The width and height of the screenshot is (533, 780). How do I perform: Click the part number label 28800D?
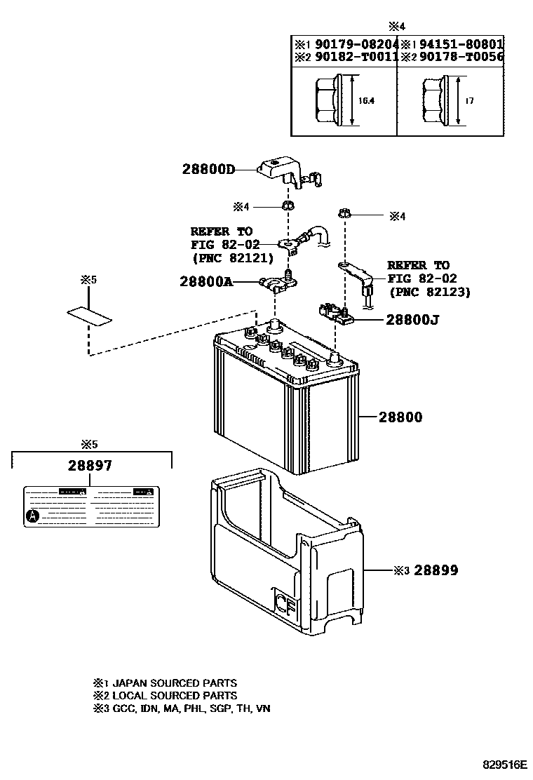point(207,169)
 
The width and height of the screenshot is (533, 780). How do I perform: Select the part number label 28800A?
point(205,281)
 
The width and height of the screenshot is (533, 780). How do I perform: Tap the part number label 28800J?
point(412,320)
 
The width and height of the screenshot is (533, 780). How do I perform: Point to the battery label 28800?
point(400,417)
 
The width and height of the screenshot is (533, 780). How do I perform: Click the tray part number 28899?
point(436,570)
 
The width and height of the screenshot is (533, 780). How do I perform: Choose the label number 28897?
point(90,465)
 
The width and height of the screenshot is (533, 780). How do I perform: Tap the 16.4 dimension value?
point(366,101)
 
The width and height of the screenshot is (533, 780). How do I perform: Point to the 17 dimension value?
point(469,101)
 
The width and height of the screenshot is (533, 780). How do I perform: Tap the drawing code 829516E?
point(504,763)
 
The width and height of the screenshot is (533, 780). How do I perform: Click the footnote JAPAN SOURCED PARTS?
point(174,682)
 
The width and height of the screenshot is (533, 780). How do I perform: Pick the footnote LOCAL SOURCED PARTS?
point(174,695)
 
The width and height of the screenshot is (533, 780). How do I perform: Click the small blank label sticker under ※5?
point(88,316)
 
